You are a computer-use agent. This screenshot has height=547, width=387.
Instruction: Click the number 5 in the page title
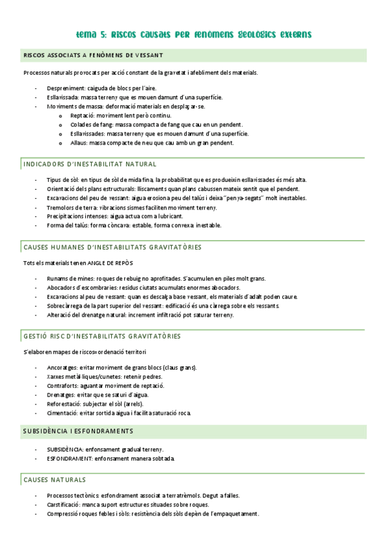(x=103, y=33)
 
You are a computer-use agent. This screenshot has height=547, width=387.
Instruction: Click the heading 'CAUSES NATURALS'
(x=54, y=480)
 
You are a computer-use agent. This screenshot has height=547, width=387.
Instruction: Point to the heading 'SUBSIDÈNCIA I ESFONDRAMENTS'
(x=78, y=430)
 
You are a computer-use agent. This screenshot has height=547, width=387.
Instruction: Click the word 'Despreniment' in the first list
(x=66, y=88)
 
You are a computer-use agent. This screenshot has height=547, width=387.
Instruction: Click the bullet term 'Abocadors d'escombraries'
(x=79, y=287)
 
